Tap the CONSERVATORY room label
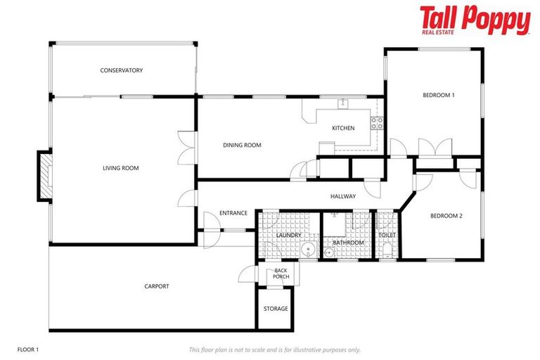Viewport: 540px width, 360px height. tap(122, 70)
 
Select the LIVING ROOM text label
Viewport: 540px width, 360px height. tap(121, 168)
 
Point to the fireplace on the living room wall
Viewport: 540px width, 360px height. tap(45, 176)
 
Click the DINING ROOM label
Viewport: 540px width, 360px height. tap(242, 146)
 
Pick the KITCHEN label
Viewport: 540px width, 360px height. tap(343, 128)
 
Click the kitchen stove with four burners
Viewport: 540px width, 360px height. tap(377, 124)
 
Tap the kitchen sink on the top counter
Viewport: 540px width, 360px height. tap(343, 104)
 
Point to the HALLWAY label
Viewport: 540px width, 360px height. tap(343, 197)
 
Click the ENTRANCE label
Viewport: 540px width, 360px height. tap(233, 213)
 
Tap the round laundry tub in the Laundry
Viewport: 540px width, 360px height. tap(307, 250)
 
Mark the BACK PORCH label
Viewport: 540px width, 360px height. tap(281, 274)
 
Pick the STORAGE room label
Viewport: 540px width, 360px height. tap(276, 309)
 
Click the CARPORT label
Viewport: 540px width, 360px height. tap(156, 286)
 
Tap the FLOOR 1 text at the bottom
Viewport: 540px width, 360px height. tap(29, 349)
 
